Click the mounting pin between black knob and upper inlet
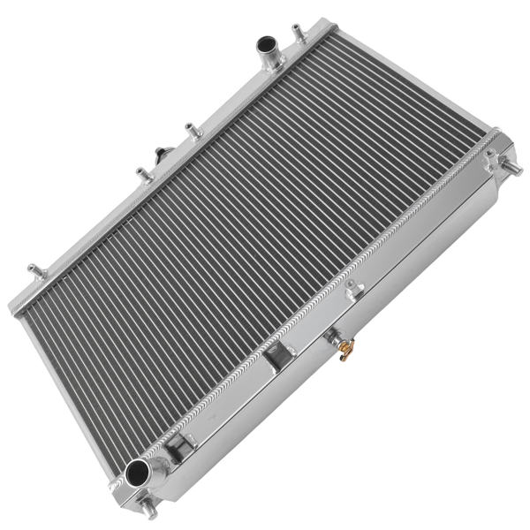coord(188,131)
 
